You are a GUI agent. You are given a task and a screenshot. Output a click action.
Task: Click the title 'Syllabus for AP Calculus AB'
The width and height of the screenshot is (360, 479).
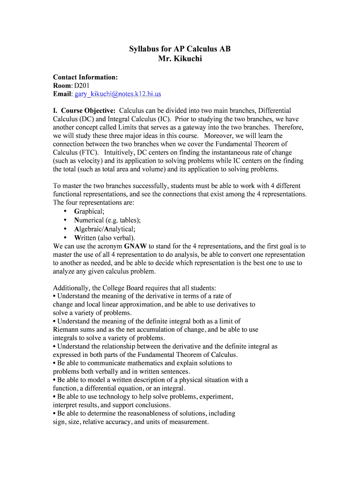pyautogui.click(x=180, y=49)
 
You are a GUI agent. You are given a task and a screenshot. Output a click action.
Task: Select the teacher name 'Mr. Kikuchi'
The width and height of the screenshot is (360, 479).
pyautogui.click(x=180, y=59)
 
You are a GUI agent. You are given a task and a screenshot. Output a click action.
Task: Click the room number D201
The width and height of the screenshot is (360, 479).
pyautogui.click(x=82, y=86)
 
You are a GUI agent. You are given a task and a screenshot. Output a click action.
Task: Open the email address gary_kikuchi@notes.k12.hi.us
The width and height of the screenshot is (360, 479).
pyautogui.click(x=117, y=94)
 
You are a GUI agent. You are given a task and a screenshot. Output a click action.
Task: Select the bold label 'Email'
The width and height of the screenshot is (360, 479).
pyautogui.click(x=63, y=94)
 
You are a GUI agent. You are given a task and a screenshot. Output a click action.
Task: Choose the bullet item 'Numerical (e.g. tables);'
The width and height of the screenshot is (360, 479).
pyautogui.click(x=107, y=220)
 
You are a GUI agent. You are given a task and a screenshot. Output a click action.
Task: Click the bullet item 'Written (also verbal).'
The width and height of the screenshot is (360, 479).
pyautogui.click(x=104, y=237)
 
